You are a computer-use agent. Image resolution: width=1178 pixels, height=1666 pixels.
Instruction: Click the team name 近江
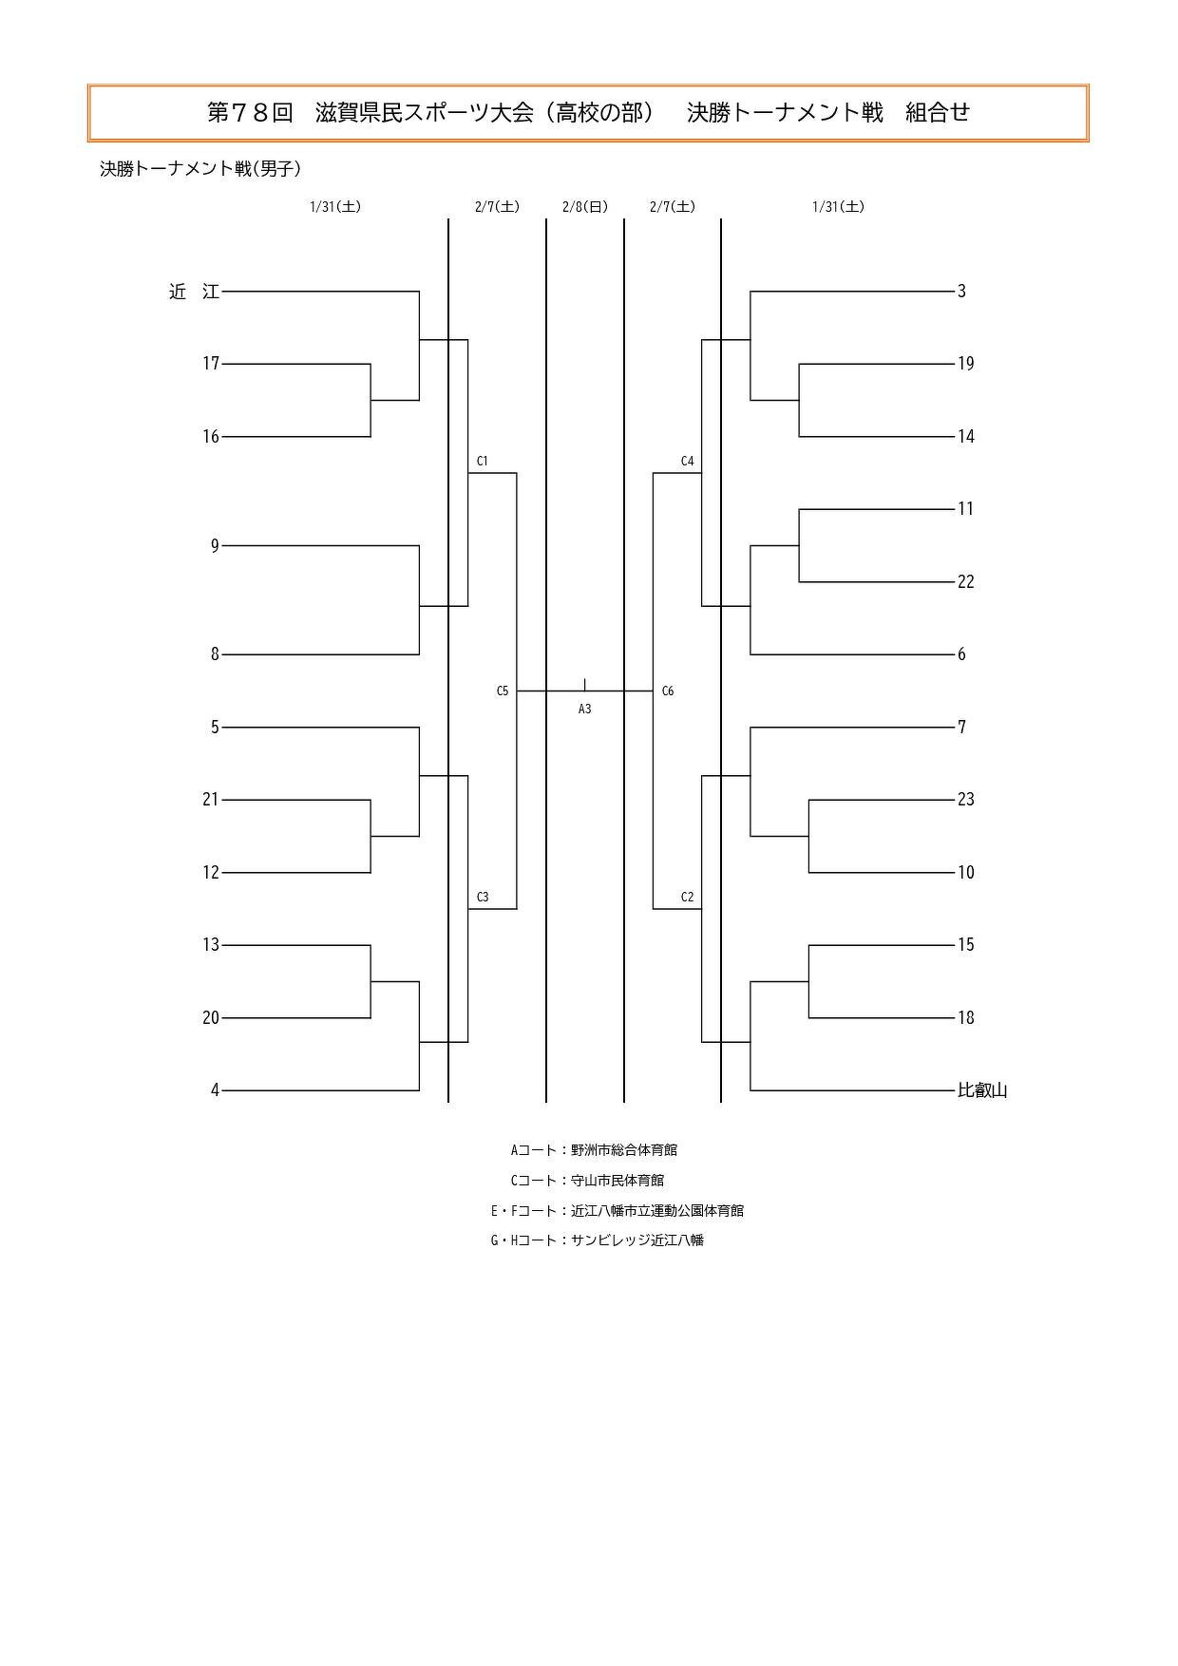(x=194, y=292)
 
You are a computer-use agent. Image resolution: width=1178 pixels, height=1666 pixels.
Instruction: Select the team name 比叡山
(x=982, y=1090)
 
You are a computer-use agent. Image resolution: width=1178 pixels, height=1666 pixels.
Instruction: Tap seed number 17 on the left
(x=211, y=364)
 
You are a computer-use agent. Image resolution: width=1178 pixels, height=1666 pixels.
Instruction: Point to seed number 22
(x=966, y=582)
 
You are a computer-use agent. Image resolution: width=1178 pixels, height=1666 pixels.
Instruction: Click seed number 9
(x=215, y=546)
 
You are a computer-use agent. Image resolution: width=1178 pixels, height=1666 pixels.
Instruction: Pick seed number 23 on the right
(x=966, y=800)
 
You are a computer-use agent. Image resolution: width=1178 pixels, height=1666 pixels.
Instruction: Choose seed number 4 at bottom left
(x=215, y=1090)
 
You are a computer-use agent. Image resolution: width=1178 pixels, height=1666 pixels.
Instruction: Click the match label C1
(x=483, y=462)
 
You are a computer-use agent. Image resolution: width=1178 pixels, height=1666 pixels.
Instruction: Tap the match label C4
(x=687, y=462)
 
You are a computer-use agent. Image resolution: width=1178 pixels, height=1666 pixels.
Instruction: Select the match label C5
(x=503, y=691)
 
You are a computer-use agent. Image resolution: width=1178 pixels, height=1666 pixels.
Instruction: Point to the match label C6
(x=668, y=691)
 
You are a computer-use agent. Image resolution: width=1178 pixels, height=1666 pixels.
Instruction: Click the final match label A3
(x=585, y=709)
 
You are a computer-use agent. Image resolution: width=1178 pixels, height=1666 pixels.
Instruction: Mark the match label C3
(x=483, y=898)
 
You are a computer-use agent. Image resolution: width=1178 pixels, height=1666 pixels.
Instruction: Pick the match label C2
(x=687, y=898)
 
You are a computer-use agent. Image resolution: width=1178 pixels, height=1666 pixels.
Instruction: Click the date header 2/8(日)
(x=585, y=207)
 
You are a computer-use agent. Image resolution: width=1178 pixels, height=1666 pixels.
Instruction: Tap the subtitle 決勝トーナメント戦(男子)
(x=200, y=169)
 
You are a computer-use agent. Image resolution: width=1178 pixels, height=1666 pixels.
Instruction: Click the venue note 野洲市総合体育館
(x=624, y=1150)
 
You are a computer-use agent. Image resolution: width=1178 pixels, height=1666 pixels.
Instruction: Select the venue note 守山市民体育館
(x=617, y=1181)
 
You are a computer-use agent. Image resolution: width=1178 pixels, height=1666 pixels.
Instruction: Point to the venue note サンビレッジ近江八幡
(x=637, y=1240)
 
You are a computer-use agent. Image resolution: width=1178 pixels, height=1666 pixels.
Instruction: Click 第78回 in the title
(x=251, y=113)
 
